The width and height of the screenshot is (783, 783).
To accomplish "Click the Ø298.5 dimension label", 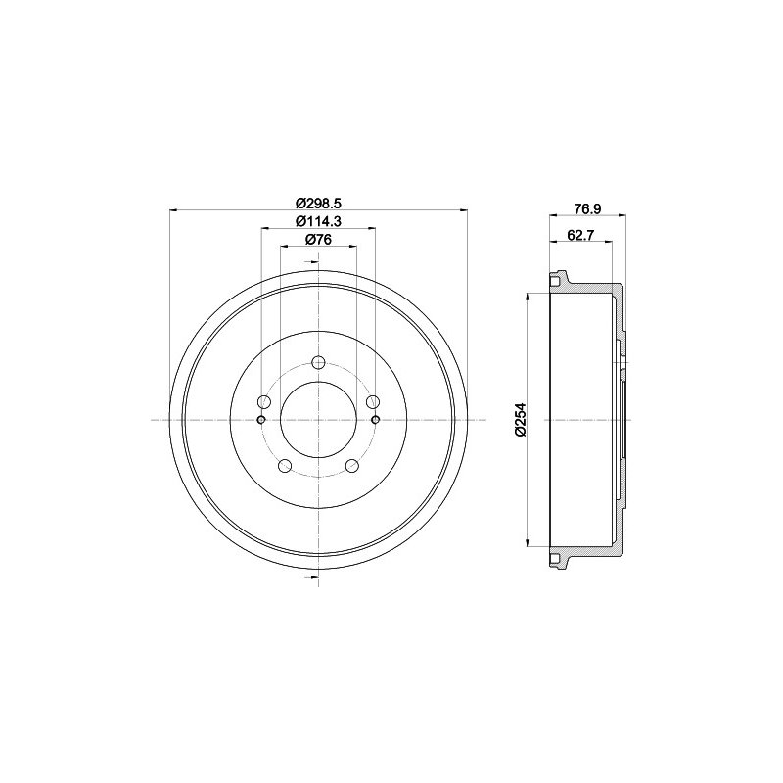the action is coord(318,204).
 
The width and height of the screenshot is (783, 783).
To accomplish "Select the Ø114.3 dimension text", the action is coord(318,221).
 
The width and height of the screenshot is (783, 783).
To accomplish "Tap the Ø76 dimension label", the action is coord(318,240).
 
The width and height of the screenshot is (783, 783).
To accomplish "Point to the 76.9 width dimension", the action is coord(586,208).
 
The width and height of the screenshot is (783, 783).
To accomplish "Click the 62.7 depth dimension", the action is coord(579,235).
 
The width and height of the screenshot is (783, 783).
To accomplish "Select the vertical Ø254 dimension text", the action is coord(520,420).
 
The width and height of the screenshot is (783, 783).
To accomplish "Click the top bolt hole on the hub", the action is coord(318,362).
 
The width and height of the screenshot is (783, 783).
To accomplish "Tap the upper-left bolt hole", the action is coord(263,401).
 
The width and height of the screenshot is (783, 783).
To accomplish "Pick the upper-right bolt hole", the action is coord(373,401).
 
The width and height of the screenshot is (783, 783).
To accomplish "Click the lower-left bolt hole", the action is coord(285,466).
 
